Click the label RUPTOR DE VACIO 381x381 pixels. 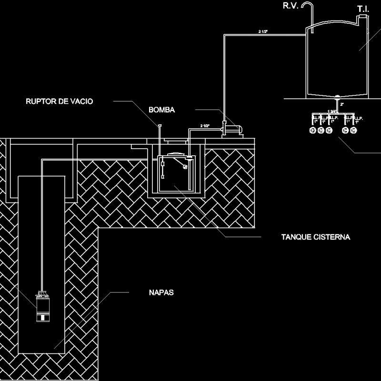pos(60,101)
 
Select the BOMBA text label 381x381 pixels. pos(162,110)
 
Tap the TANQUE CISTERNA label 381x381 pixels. pos(316,237)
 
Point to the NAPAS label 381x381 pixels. pos(158,292)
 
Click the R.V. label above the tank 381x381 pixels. pos(291,6)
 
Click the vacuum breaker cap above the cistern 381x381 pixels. pos(160,126)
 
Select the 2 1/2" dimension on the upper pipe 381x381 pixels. pos(263,31)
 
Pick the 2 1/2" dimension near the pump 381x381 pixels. pos(205,126)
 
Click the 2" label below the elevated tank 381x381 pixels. pos(342,104)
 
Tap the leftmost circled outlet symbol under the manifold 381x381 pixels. pos(313,130)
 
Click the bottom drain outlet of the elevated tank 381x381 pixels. pos(337,97)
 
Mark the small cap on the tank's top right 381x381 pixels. pos(363,19)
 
